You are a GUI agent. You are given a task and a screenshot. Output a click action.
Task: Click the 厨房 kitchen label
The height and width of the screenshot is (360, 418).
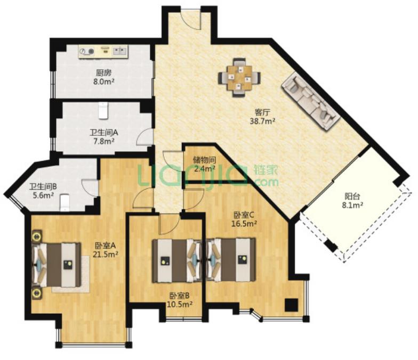(103, 72)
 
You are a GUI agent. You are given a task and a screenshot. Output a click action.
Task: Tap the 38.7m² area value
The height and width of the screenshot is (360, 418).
(262, 121)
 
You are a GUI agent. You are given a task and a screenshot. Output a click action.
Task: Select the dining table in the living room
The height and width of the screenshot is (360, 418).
(239, 78)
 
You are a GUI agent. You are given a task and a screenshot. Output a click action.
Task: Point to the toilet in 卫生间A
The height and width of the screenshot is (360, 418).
(103, 111)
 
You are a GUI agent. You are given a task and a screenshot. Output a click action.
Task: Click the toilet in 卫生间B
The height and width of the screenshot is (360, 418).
(65, 202)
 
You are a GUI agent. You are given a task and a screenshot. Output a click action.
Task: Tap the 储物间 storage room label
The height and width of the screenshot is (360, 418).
(205, 160)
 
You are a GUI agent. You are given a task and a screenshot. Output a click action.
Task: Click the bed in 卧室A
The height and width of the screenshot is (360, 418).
(57, 265)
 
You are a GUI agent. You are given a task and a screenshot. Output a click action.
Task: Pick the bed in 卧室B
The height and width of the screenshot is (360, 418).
(177, 260)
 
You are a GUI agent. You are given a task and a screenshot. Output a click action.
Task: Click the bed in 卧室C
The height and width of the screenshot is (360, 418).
(231, 260)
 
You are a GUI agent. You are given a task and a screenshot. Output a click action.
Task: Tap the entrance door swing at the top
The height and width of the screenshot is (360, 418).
(191, 19)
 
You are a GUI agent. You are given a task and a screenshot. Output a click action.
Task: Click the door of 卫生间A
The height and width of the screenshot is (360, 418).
(145, 137)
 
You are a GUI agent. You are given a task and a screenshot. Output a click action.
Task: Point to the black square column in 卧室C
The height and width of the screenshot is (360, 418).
(291, 305)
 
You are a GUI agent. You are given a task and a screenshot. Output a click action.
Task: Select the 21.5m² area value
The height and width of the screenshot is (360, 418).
(106, 254)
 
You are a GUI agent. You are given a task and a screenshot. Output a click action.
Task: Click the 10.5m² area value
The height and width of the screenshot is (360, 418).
(180, 304)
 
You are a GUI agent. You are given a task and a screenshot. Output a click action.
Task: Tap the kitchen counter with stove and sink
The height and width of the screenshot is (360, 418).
(103, 51)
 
